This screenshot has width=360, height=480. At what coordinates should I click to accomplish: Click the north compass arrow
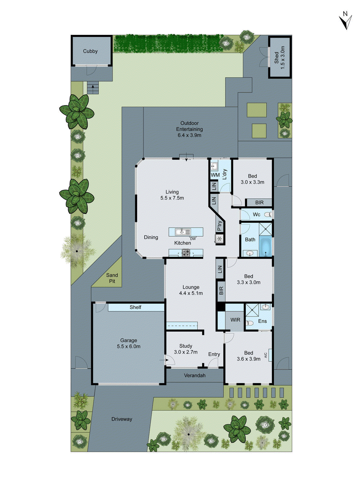click(346, 22)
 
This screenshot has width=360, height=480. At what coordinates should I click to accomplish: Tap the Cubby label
click(90, 51)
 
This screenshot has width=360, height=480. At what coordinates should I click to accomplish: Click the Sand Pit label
click(112, 278)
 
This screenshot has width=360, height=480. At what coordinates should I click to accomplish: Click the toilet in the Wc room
click(270, 214)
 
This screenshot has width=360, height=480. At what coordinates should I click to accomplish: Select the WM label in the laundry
click(215, 175)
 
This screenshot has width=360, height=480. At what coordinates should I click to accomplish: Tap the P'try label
click(220, 226)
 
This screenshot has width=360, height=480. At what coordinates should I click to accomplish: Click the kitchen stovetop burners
click(186, 253)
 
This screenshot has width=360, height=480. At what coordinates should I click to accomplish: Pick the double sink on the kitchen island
click(183, 232)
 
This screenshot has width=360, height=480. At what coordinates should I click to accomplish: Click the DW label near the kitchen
click(193, 239)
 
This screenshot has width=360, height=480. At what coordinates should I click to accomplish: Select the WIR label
click(235, 320)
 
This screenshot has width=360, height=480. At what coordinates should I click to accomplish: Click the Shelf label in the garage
click(135, 307)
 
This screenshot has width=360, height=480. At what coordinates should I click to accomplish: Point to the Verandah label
click(195, 375)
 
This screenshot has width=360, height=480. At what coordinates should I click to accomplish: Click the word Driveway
click(122, 419)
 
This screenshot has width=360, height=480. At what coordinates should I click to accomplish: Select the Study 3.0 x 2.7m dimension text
click(186, 352)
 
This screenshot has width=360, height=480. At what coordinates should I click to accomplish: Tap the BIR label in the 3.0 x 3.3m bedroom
click(259, 202)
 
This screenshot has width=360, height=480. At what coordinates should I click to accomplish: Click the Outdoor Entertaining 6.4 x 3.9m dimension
click(189, 135)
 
